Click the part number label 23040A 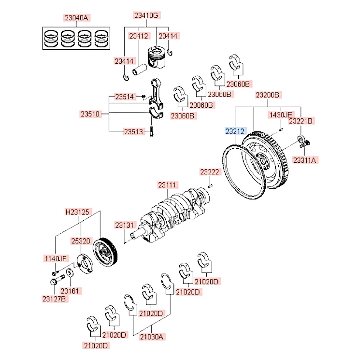pos(76,17)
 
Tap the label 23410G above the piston pos(146,15)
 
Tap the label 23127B pos(55,299)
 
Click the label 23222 pos(210,173)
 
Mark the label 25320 pos(81,240)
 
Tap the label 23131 pos(124,225)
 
